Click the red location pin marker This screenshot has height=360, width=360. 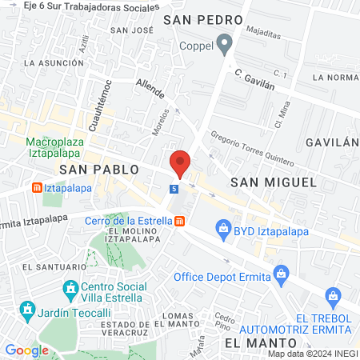coord(180,162)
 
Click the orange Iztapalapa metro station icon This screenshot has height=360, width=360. coord(36,188)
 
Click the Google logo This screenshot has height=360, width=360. coord(26,350)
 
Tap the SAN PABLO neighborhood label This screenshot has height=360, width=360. coord(99,170)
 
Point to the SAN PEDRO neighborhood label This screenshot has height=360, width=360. coord(198,18)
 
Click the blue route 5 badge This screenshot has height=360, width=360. coord(174,189)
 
